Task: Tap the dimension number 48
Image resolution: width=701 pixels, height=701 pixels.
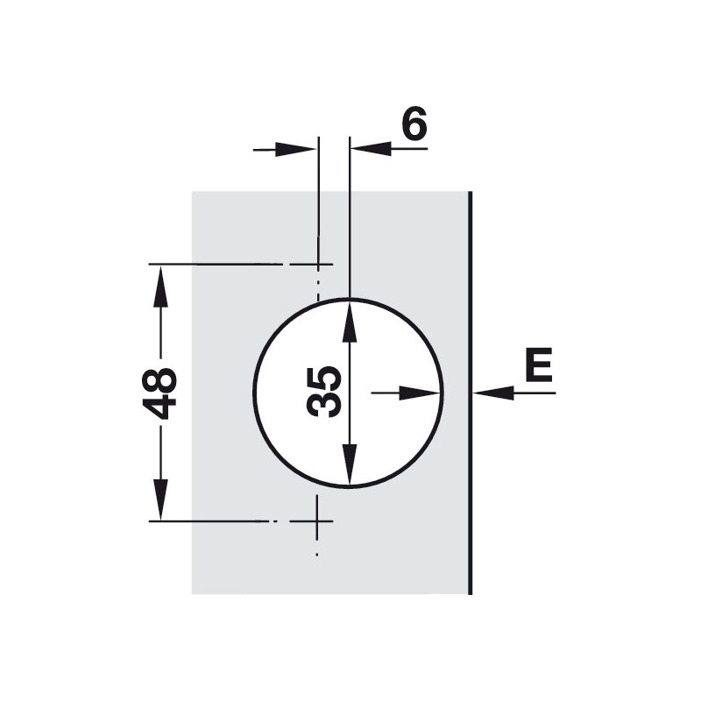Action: click(x=160, y=393)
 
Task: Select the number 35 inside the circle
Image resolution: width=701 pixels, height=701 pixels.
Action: click(x=324, y=392)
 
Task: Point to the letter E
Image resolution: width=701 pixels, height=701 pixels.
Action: click(x=538, y=365)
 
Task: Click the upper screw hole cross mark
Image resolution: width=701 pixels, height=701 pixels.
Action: click(x=317, y=263)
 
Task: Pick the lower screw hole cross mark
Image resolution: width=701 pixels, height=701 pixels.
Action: click(x=317, y=521)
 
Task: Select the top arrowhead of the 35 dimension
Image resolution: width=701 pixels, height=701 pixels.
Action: click(x=350, y=321)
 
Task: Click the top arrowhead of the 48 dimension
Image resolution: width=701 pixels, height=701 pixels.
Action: click(x=159, y=286)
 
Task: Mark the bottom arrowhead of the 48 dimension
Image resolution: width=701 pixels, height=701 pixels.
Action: click(x=159, y=499)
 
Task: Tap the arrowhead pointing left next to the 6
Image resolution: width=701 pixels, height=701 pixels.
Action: click(x=371, y=149)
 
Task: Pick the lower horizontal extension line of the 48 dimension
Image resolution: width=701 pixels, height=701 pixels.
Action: click(x=210, y=521)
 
